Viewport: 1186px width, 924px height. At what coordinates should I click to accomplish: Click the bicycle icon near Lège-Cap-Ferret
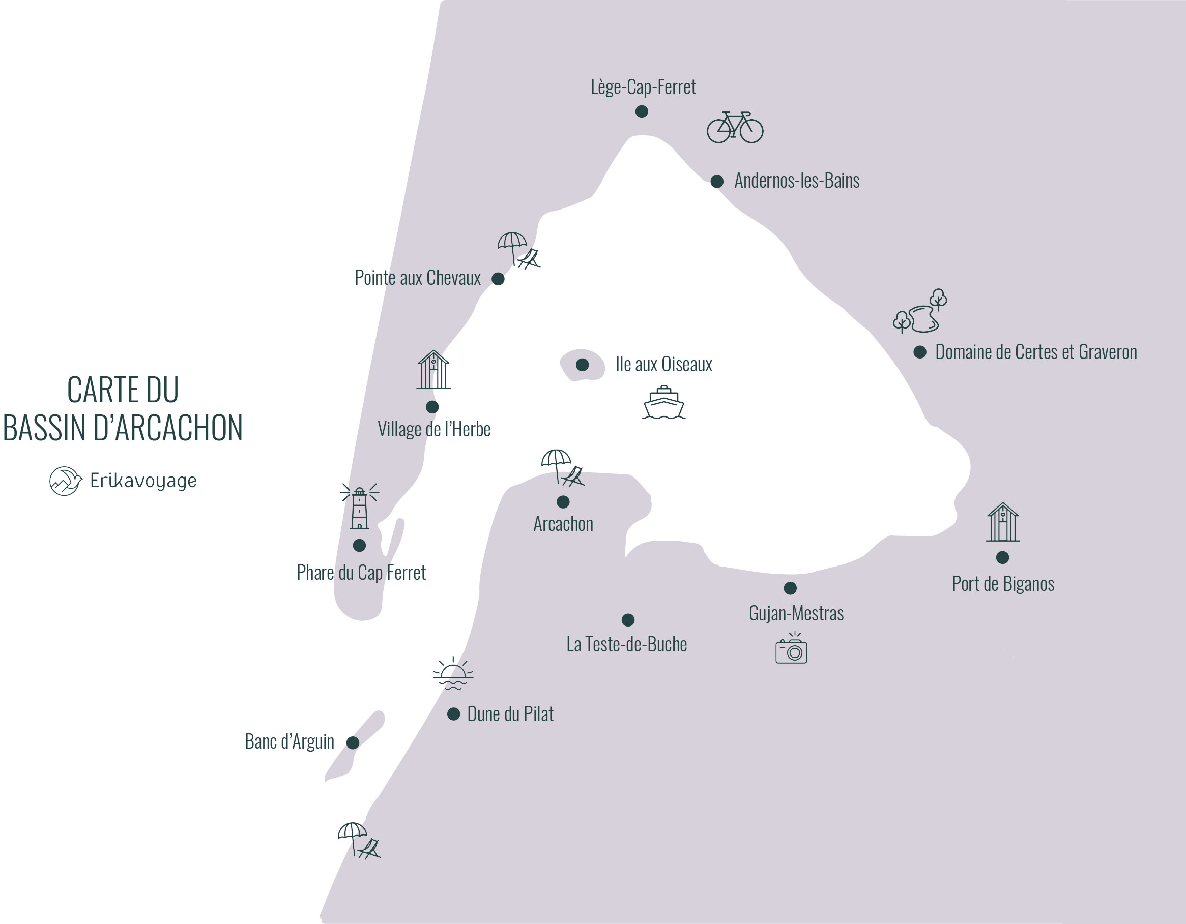click(x=735, y=128)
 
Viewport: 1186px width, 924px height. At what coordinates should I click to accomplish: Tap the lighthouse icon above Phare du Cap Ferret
click(x=360, y=507)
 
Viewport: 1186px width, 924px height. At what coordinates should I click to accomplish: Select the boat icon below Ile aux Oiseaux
click(x=663, y=402)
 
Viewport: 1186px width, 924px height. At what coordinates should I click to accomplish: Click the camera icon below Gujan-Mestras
click(x=791, y=649)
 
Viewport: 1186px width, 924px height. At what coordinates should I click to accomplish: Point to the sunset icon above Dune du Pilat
click(x=453, y=674)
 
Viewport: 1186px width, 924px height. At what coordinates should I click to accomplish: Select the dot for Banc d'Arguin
click(x=353, y=742)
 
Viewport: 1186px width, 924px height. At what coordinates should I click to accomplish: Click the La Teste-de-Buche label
click(x=627, y=644)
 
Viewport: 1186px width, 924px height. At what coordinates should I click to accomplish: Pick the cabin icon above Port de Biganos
click(x=1002, y=523)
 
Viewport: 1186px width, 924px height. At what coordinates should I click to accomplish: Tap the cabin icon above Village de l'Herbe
click(x=433, y=370)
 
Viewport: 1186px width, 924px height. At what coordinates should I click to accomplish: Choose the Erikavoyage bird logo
click(x=65, y=481)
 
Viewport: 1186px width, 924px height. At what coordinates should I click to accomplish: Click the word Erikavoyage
click(x=143, y=481)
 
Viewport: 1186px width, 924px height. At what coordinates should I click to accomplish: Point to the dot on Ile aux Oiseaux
click(x=582, y=365)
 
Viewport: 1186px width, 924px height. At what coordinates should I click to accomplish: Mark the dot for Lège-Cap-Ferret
click(x=641, y=112)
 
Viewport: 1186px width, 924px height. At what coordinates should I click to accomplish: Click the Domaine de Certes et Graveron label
click(x=1035, y=352)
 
